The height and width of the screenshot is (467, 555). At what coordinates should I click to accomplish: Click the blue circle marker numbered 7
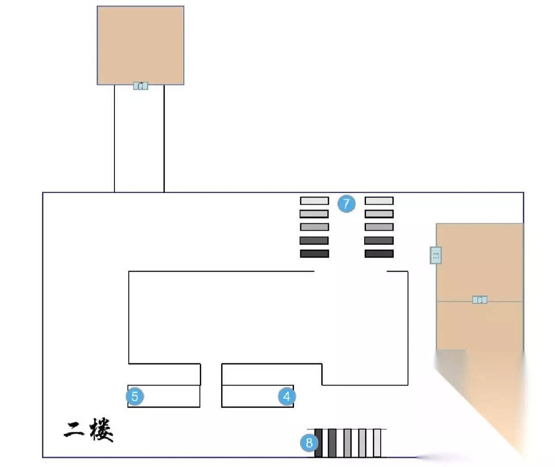(x=346, y=204)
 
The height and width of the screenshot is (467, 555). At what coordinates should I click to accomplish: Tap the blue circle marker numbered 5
(x=135, y=396)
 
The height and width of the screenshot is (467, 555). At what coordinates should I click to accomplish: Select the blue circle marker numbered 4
(x=286, y=396)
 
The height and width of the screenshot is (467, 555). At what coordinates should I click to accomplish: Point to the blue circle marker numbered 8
(x=309, y=443)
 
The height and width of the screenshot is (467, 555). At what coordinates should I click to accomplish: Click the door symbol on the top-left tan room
(x=140, y=85)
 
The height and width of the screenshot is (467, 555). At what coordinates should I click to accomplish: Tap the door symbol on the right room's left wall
(x=436, y=255)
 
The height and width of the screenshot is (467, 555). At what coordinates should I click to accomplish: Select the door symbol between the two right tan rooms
(x=479, y=299)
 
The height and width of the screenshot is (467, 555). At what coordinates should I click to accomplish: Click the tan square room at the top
(x=140, y=45)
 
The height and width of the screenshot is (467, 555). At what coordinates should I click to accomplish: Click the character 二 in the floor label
(x=74, y=429)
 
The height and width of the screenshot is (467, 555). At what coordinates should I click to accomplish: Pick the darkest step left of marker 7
(x=314, y=253)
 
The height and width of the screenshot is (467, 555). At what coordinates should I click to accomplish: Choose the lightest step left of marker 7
(x=314, y=201)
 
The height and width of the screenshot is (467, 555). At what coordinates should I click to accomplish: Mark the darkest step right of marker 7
(x=379, y=253)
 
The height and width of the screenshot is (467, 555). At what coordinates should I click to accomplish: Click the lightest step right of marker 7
(x=379, y=201)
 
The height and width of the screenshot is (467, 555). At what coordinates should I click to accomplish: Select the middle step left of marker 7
(x=314, y=227)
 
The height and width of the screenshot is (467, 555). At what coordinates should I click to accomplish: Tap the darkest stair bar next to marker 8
(x=319, y=443)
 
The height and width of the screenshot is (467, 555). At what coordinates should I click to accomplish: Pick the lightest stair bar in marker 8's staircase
(x=377, y=443)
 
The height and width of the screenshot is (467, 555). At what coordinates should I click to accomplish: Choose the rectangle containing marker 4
(x=250, y=396)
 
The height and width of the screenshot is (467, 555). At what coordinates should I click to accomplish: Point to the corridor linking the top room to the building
(x=139, y=139)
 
